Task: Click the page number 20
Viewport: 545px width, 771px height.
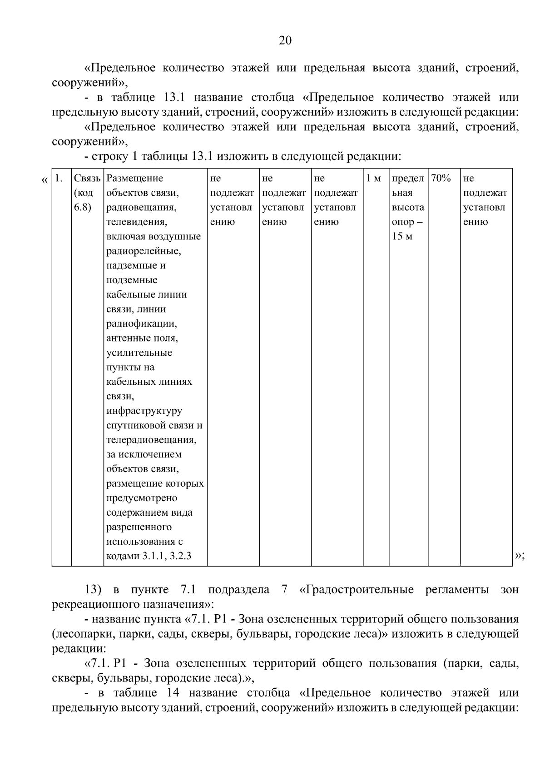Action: (x=285, y=41)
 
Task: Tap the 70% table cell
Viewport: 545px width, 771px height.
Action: (x=440, y=179)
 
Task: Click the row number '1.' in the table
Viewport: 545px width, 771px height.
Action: (x=58, y=179)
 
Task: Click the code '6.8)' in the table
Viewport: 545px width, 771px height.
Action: (x=83, y=208)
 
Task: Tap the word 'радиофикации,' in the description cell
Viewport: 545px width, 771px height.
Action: (x=141, y=324)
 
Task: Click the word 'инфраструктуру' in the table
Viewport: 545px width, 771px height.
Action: (x=144, y=411)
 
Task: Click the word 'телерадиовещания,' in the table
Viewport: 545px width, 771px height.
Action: (x=151, y=440)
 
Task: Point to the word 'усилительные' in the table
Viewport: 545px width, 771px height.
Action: (x=139, y=353)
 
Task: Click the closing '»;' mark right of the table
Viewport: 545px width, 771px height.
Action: (x=520, y=556)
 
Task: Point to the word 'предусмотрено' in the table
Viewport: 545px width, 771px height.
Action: (x=142, y=498)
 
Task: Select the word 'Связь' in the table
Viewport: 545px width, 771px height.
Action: (x=87, y=179)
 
